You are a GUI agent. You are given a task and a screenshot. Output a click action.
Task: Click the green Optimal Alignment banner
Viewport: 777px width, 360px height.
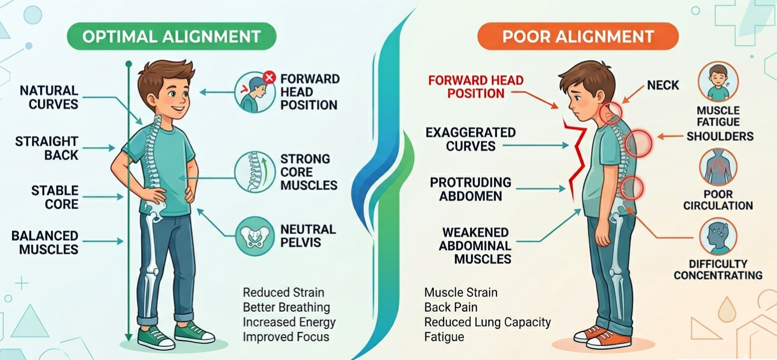(x=172, y=36)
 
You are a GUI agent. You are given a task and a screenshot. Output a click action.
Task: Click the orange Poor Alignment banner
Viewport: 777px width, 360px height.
(x=578, y=36)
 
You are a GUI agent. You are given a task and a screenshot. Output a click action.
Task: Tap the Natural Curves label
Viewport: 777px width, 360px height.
(x=49, y=98)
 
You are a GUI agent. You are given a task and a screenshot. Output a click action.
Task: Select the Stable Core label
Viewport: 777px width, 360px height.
(x=55, y=197)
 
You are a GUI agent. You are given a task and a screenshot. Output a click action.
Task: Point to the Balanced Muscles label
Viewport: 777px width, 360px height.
(x=45, y=243)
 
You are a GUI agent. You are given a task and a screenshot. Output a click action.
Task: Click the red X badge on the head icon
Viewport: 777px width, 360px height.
(x=269, y=77)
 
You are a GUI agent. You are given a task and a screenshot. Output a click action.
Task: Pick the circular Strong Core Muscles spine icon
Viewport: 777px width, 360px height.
(x=255, y=172)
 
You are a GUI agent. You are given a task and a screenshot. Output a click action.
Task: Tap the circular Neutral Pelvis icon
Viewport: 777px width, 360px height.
(x=255, y=237)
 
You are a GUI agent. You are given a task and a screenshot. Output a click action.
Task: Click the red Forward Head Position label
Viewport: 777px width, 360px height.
(x=476, y=87)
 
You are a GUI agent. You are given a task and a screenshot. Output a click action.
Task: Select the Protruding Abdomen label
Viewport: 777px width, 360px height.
(x=471, y=189)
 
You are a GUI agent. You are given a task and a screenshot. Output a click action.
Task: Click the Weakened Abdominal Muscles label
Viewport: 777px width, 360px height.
(x=475, y=246)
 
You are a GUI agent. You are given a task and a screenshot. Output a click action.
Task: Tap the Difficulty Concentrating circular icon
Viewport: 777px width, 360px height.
(x=718, y=237)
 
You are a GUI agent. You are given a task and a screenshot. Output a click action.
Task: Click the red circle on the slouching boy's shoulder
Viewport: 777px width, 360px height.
(x=639, y=144)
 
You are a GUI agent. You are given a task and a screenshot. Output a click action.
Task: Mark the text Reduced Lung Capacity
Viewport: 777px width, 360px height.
(x=487, y=322)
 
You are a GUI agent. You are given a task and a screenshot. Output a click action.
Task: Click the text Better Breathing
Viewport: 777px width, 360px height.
(x=286, y=307)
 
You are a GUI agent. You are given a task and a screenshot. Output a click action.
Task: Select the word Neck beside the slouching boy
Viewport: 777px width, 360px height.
(x=663, y=86)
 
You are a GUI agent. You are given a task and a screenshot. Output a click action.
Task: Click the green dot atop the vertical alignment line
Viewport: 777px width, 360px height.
(x=129, y=64)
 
